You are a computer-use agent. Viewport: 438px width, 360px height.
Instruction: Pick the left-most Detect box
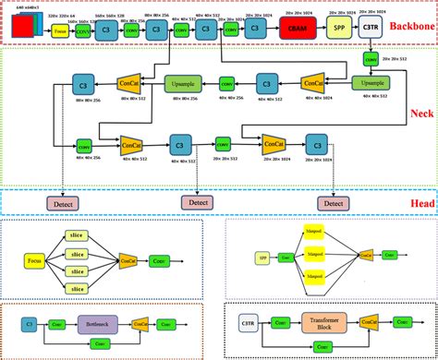coord(67,201)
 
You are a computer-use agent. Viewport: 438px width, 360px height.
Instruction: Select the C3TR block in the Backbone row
coord(371,29)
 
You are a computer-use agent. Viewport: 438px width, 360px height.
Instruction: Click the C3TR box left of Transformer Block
coord(249,324)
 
